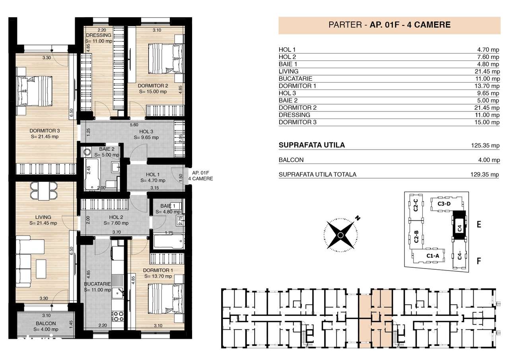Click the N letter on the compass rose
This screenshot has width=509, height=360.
[358, 218]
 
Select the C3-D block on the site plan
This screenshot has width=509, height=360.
[444, 204]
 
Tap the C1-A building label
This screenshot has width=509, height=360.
[432, 256]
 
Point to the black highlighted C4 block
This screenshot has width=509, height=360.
[459, 228]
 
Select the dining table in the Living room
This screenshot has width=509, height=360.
[44, 190]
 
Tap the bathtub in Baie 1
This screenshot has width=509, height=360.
[168, 241]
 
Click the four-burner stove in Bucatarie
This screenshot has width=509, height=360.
[118, 317]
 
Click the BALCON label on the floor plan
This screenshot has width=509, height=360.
[46, 323]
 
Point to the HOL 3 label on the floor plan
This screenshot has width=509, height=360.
[146, 132]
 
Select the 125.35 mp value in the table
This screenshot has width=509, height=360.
[485, 146]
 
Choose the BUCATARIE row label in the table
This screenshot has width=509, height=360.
[295, 79]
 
